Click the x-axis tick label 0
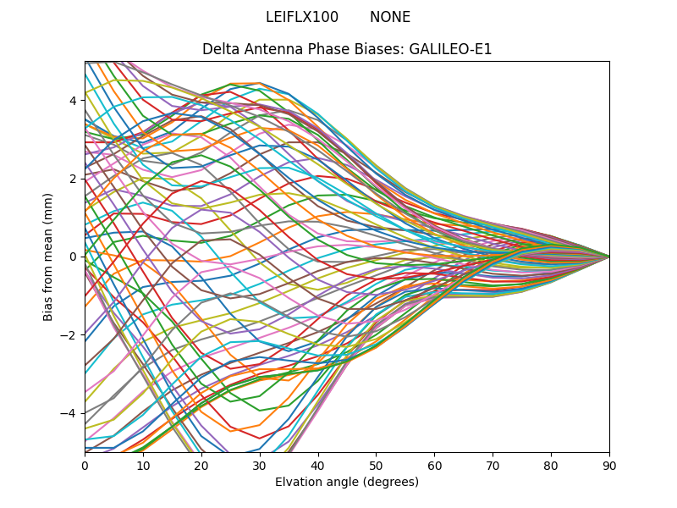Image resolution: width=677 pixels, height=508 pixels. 85,465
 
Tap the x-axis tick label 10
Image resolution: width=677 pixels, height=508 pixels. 143,465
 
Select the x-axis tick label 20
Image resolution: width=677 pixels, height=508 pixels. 201,465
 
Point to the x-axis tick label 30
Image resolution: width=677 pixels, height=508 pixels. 260,465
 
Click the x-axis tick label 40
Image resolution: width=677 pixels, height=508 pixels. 318,465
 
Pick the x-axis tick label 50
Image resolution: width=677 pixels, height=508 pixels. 376,465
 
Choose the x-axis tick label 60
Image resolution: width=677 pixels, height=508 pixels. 434,465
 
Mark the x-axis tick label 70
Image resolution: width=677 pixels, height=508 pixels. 493,465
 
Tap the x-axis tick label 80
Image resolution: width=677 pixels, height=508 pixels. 551,465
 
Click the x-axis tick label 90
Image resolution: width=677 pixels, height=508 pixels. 609,465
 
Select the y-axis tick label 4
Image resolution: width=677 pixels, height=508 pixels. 73,101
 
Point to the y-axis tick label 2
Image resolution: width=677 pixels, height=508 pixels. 73,179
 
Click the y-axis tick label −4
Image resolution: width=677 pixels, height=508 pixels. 69,413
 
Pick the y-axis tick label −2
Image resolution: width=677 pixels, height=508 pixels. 69,335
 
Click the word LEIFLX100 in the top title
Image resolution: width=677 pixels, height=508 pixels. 302,18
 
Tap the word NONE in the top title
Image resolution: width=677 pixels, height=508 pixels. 390,18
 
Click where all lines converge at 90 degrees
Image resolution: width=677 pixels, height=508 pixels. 608,257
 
